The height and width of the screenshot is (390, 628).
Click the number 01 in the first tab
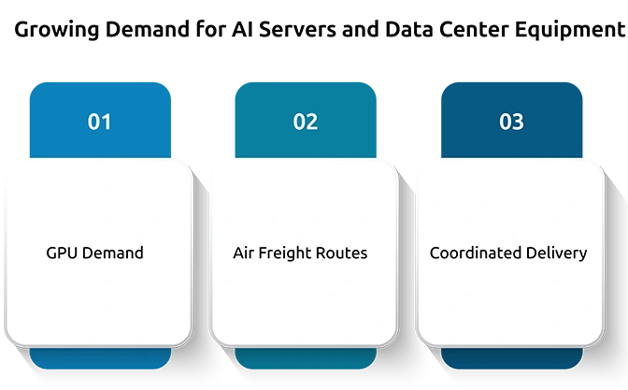pyautogui.click(x=99, y=122)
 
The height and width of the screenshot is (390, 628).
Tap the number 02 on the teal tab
pyautogui.click(x=306, y=122)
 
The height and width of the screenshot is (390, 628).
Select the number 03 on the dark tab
pyautogui.click(x=511, y=122)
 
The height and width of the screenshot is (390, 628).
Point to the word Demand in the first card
pyautogui.click(x=113, y=253)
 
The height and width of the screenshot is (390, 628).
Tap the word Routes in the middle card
pyautogui.click(x=342, y=253)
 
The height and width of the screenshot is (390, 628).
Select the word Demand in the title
pyautogui.click(x=148, y=29)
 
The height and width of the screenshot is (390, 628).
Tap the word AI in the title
pyautogui.click(x=242, y=29)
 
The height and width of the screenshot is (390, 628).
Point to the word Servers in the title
pyautogui.click(x=297, y=29)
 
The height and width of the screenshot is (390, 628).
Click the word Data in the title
pyautogui.click(x=409, y=29)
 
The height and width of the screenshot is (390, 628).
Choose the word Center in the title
pyautogui.click(x=474, y=29)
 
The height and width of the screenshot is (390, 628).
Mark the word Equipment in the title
pyautogui.click(x=570, y=30)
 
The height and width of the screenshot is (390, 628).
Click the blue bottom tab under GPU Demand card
pyautogui.click(x=100, y=358)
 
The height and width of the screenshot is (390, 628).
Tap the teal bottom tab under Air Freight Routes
pyautogui.click(x=306, y=358)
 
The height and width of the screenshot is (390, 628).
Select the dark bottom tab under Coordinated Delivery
pyautogui.click(x=512, y=358)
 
